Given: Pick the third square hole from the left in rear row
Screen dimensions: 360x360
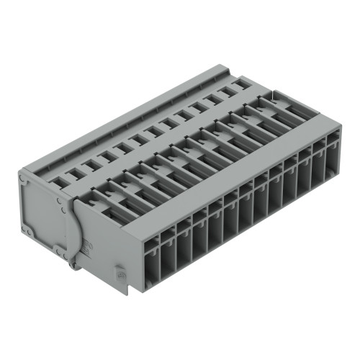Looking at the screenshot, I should tap(91, 164).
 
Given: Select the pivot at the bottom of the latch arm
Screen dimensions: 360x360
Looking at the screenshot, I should tap(73, 263).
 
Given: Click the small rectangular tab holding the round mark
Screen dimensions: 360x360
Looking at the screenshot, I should tap(122, 275).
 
